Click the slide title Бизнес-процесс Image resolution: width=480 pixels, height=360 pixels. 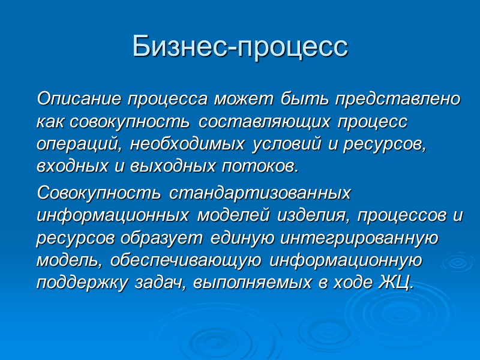click(x=240, y=47)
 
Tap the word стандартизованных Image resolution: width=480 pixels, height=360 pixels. click(x=260, y=194)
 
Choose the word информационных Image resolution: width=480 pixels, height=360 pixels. click(x=113, y=215)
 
